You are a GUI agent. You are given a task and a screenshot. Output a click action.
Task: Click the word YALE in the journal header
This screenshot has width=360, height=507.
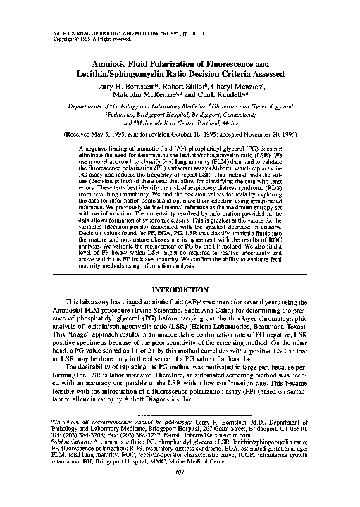[x=60, y=33]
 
